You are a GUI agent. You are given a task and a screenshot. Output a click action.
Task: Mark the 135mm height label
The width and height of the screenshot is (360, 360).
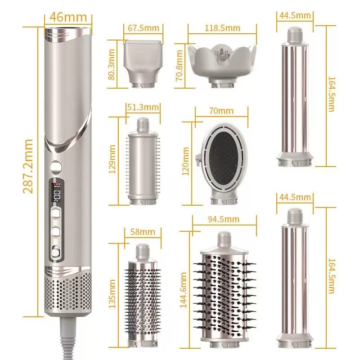coord(112,292)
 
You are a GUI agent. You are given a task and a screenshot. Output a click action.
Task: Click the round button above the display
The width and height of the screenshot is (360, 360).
coord(56,166)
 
